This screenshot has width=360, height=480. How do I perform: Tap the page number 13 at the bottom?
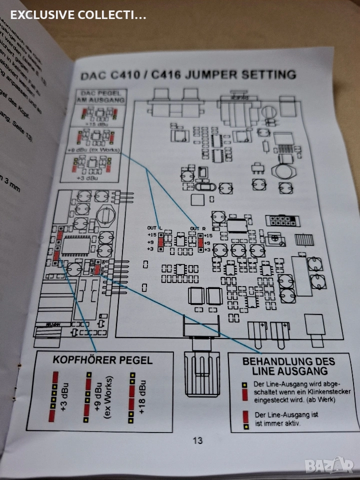pyautogui.click(x=197, y=440)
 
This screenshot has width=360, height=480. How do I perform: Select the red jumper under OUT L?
pyautogui.click(x=160, y=242)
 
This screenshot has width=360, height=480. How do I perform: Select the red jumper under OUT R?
pyautogui.click(x=200, y=242)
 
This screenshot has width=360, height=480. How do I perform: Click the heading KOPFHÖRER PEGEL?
pyautogui.click(x=102, y=360)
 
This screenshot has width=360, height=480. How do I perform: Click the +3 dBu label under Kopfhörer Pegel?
pyautogui.click(x=63, y=397)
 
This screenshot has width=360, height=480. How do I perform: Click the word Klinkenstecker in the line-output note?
pyautogui.click(x=328, y=391)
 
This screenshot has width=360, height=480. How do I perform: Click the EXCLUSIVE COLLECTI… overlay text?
pyautogui.click(x=78, y=15)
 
